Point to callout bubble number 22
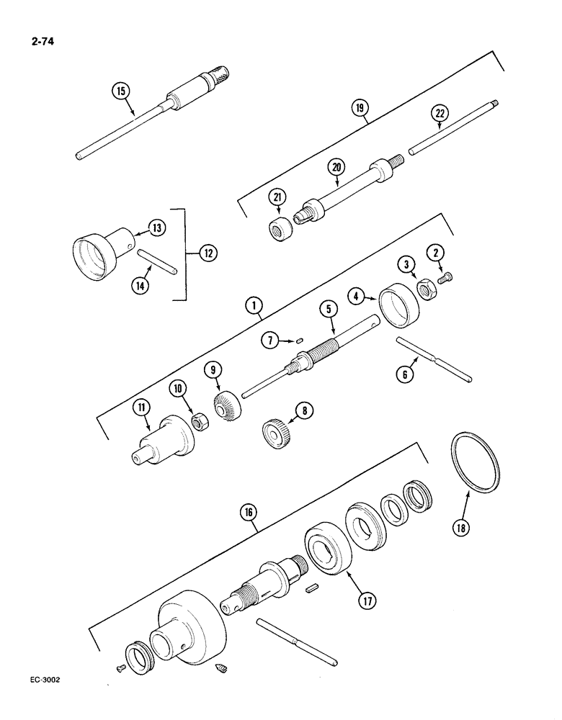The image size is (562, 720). click(441, 114)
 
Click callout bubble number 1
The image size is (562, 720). click(253, 307)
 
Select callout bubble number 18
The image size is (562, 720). click(460, 527)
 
